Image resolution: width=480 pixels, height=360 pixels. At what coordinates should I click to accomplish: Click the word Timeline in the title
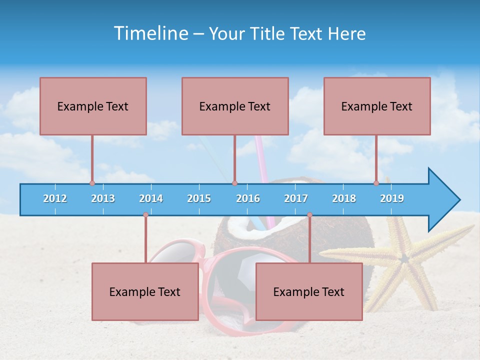pos(151,33)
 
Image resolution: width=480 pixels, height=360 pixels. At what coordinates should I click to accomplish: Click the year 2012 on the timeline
pos(55,198)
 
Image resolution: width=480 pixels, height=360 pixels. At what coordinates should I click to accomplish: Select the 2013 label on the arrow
pos(103,198)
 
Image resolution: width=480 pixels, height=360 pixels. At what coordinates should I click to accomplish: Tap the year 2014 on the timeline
pos(151,198)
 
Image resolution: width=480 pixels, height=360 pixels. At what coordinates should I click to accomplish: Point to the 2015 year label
pos(199,198)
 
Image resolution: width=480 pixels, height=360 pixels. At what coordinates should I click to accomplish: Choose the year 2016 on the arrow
pos(248,198)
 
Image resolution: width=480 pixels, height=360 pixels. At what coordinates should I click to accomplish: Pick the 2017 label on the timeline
pos(296,198)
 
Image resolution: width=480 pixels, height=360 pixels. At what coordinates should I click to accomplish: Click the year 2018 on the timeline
pos(344,198)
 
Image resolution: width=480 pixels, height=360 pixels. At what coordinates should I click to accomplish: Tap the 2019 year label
pos(392,198)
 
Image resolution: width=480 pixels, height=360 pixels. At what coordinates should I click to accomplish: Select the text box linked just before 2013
pos(93,106)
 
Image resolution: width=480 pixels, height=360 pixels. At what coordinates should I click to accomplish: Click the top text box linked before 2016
pos(235,106)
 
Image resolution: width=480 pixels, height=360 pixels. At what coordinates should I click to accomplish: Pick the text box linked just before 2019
pos(377,106)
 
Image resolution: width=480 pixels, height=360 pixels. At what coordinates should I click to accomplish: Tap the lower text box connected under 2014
pos(145,291)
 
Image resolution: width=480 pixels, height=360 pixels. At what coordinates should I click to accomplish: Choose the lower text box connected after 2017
pos(309,291)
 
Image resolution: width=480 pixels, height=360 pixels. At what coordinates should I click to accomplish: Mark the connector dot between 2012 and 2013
pos(92,183)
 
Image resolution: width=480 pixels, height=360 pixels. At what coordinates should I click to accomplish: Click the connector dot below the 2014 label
pos(145,215)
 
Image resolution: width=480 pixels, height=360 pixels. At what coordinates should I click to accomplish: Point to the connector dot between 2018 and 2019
pos(376,183)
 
